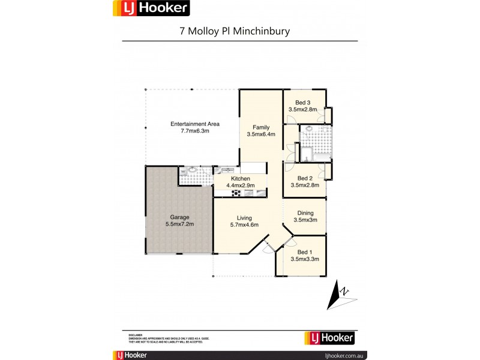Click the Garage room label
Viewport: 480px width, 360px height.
click(180, 217)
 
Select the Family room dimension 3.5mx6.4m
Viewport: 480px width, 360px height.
click(261, 134)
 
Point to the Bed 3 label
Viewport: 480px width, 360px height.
click(305, 102)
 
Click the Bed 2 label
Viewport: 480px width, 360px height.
click(305, 178)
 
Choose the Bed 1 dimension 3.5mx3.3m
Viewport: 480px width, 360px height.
click(304, 259)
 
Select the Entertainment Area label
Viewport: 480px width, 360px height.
click(195, 124)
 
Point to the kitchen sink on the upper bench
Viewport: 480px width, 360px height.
click(228, 170)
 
